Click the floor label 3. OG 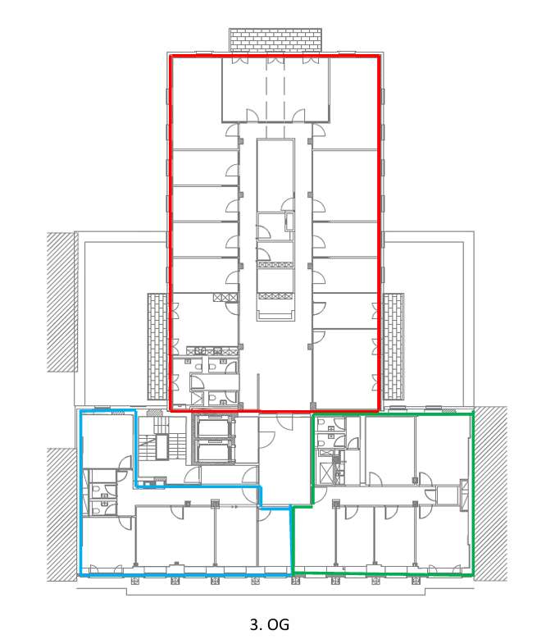pyautogui.click(x=269, y=624)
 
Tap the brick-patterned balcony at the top pyautogui.click(x=275, y=40)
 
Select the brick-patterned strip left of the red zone pyautogui.click(x=158, y=346)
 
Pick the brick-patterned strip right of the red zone pyautogui.click(x=393, y=346)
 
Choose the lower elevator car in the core pyautogui.click(x=215, y=452)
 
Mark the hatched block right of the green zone pyautogui.click(x=491, y=494)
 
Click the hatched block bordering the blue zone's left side pyautogui.click(x=61, y=514)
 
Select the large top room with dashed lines pyautogui.click(x=275, y=89)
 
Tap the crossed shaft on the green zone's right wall pyautogui.click(x=464, y=495)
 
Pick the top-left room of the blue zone pyautogui.click(x=108, y=440)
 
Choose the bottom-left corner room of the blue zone pyautogui.click(x=108, y=544)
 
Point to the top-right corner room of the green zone pyautogui.click(x=443, y=450)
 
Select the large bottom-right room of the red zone pyautogui.click(x=345, y=368)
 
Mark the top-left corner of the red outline pyautogui.click(x=171, y=56)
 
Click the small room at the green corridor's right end pyautogui.click(x=447, y=495)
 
